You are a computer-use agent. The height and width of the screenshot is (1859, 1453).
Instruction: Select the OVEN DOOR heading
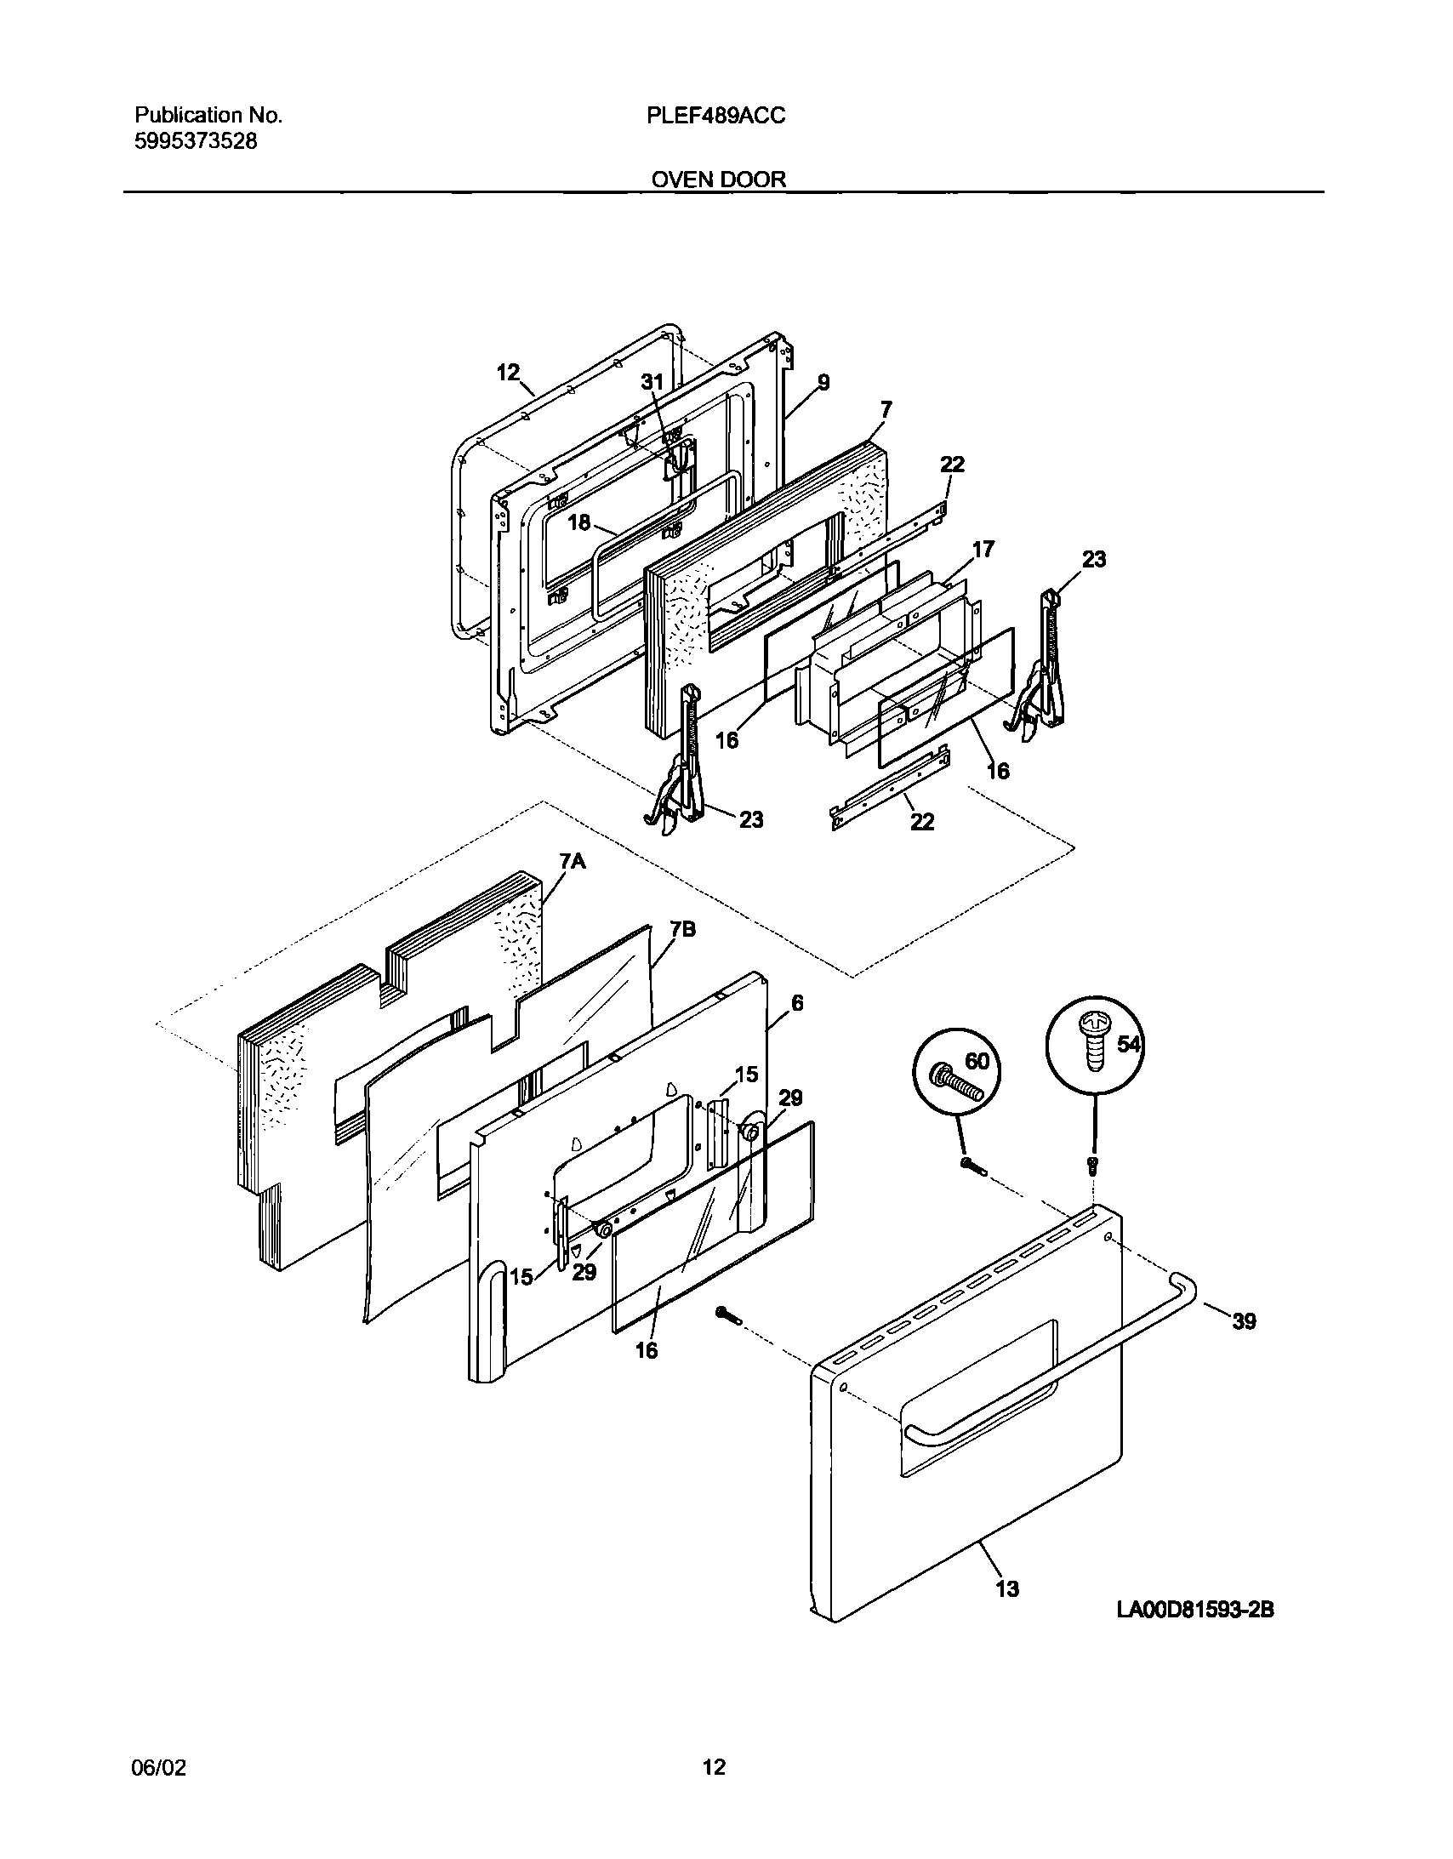718,180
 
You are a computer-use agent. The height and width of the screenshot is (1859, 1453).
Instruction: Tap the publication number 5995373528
196,141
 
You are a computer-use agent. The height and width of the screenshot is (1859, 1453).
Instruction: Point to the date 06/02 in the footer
158,1768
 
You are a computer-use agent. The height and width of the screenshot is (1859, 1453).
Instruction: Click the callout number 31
651,382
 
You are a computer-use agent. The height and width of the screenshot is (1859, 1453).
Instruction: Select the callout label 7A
573,861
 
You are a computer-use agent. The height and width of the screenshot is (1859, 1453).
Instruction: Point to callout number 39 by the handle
1244,1321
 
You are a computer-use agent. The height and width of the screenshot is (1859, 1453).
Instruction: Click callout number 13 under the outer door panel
1006,1588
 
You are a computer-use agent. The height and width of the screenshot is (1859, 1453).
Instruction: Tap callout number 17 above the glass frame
983,549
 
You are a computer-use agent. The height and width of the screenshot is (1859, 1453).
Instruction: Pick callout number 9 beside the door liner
823,382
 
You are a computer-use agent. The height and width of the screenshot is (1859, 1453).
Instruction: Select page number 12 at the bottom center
714,1768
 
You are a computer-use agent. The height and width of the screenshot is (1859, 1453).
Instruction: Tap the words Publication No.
208,116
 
